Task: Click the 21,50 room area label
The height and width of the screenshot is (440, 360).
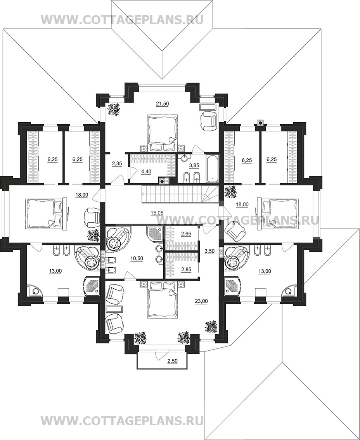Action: (x=163, y=104)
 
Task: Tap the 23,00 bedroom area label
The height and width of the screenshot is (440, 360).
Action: (x=201, y=301)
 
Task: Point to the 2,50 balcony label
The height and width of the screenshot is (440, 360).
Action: (x=172, y=361)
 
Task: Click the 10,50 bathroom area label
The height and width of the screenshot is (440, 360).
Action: (x=137, y=258)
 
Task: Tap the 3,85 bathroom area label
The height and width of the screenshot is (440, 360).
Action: (x=194, y=166)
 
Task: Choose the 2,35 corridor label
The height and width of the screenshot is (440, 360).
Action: (x=117, y=164)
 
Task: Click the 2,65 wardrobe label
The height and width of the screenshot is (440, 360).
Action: (x=186, y=234)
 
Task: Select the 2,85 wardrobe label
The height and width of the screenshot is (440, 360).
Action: (x=186, y=270)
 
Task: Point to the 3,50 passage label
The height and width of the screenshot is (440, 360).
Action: (x=209, y=251)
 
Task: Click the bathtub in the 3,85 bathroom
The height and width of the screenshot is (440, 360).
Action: (x=212, y=168)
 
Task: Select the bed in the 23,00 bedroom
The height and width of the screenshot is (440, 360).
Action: (x=162, y=300)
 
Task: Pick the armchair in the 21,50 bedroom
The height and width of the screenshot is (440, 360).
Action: (x=209, y=120)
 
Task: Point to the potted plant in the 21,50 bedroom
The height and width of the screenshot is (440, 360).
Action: (x=114, y=109)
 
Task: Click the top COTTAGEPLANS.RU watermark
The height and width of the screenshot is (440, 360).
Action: (x=122, y=20)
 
